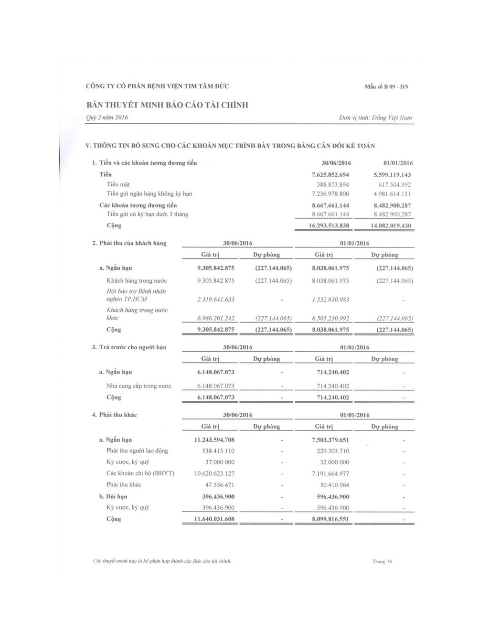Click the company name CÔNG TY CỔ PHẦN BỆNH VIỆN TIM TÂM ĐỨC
(158, 86)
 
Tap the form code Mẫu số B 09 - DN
(386, 87)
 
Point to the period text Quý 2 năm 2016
(107, 118)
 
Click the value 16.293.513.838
(329, 225)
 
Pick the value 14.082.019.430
(391, 225)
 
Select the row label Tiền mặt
(118, 184)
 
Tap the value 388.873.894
(333, 184)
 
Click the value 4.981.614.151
(392, 194)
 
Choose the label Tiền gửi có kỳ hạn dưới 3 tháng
(147, 214)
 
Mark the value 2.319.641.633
(216, 300)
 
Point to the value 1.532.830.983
(330, 300)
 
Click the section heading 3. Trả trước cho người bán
(129, 347)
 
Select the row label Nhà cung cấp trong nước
(138, 386)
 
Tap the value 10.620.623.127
(214, 473)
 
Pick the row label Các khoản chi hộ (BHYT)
(140, 473)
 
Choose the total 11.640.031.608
(214, 519)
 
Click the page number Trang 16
(382, 561)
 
